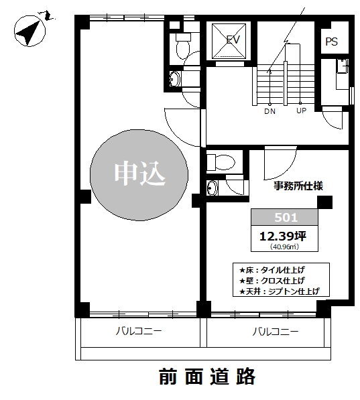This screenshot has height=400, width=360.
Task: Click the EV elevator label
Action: (x=233, y=40)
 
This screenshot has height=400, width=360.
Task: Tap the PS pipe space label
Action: (x=331, y=42)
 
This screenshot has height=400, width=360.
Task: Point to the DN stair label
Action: (x=269, y=111)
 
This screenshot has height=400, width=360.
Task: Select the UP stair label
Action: (x=301, y=111)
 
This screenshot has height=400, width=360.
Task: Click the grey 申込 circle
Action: (x=139, y=175)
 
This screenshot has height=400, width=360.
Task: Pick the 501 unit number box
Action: (x=284, y=217)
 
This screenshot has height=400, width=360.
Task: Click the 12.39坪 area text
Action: (x=283, y=237)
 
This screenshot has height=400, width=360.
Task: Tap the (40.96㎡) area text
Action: (x=284, y=247)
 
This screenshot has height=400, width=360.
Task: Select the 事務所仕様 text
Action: (x=298, y=186)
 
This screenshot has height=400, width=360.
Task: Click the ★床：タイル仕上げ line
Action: (x=272, y=269)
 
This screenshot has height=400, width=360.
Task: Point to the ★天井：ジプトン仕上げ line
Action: (x=280, y=291)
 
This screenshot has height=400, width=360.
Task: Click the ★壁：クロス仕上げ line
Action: (x=272, y=280)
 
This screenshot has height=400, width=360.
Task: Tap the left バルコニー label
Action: (x=139, y=331)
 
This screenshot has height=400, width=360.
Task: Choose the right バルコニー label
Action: (x=276, y=332)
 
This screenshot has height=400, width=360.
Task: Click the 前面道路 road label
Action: (x=207, y=377)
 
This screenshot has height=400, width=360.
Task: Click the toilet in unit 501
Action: (x=221, y=162)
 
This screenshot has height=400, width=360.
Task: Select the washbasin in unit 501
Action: (x=212, y=188)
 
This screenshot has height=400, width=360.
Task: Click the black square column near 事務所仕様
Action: (x=324, y=202)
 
